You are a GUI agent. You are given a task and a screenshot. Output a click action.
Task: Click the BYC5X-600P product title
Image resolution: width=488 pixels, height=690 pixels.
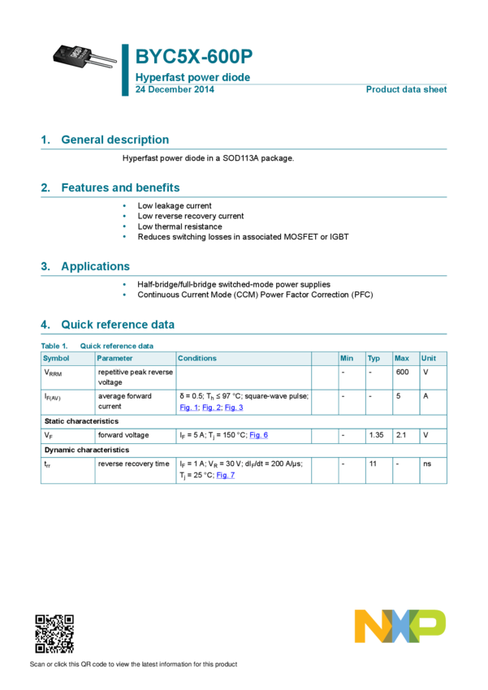coord(194,57)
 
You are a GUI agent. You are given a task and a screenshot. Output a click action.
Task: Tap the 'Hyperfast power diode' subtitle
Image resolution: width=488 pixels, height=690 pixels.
coord(192,78)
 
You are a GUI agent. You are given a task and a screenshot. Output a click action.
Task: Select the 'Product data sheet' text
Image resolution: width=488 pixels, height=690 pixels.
coord(406,89)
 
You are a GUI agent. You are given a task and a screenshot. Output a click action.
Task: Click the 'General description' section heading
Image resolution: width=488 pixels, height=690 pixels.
coord(114,140)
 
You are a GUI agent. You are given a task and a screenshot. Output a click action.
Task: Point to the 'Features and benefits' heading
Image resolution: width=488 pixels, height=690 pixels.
coord(120,188)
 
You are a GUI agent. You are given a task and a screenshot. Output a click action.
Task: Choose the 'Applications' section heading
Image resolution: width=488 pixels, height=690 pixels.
coord(95,266)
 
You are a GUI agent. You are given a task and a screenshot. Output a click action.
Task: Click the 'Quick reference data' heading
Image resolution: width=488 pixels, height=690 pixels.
coord(118,325)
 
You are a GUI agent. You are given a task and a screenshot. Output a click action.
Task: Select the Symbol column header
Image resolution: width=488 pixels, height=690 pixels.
coord(57,358)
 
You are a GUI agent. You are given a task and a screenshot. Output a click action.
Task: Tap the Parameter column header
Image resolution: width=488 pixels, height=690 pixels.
coord(114,358)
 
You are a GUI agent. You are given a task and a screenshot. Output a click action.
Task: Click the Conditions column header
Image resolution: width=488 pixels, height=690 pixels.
coord(197,358)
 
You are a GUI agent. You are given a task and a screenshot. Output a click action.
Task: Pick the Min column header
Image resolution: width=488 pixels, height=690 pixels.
coord(347,358)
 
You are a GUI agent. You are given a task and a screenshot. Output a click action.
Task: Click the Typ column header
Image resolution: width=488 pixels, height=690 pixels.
coord(374,358)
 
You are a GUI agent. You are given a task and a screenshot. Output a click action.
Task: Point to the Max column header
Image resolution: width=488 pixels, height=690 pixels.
coord(401,358)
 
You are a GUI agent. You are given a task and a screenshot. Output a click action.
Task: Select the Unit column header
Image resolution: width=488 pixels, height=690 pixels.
coord(429,358)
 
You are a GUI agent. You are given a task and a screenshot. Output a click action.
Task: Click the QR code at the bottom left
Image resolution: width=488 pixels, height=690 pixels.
coord(54,634)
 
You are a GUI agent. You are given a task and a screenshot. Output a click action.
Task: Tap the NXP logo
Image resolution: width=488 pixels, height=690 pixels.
coord(399,627)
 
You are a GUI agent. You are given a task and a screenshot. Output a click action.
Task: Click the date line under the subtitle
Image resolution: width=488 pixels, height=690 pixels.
coord(174,89)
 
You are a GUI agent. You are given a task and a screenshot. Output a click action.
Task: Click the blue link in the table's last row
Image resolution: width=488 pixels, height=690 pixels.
coord(226,476)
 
